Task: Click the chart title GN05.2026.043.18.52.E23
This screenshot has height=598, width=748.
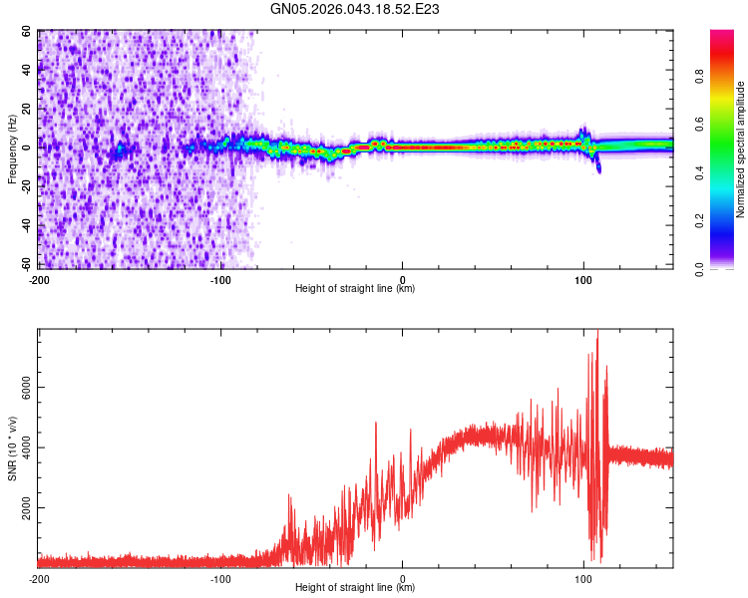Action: pyautogui.click(x=356, y=9)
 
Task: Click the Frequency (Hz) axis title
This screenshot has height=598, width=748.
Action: pyautogui.click(x=12, y=150)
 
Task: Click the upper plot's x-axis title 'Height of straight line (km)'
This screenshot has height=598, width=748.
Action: pyautogui.click(x=355, y=288)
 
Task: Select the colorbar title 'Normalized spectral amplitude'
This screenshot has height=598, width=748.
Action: pyautogui.click(x=740, y=149)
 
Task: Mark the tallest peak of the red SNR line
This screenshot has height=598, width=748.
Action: pyautogui.click(x=597, y=336)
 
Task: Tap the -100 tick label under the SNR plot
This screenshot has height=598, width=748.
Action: pyautogui.click(x=220, y=579)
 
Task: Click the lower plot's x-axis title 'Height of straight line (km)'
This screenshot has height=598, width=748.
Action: pyautogui.click(x=355, y=589)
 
